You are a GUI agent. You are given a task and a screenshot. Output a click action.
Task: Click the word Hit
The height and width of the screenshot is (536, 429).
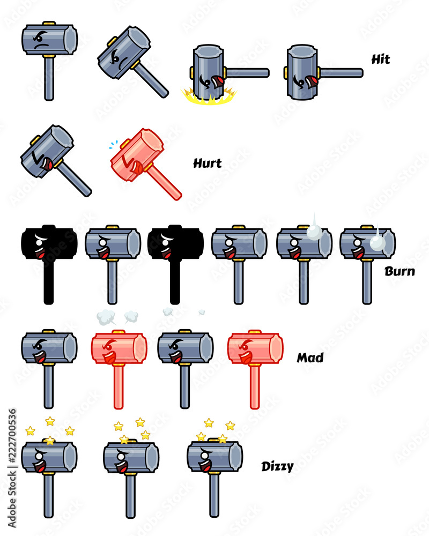coord(381,59)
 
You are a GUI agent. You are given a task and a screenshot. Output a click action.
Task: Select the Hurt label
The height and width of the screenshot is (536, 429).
coord(207,163)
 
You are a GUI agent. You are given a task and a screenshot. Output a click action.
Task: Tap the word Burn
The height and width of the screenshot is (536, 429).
coord(399,271)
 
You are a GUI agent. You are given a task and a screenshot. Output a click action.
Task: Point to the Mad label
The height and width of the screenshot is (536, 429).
coord(310,358)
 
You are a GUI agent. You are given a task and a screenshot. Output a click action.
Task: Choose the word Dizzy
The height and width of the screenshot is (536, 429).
coord(277,466)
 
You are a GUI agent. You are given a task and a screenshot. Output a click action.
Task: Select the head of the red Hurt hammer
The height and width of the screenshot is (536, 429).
coord(137,155)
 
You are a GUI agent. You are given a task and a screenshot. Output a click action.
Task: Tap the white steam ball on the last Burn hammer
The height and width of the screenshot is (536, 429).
coord(378,243)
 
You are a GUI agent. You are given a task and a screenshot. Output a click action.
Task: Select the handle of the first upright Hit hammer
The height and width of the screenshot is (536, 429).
coord(49,79)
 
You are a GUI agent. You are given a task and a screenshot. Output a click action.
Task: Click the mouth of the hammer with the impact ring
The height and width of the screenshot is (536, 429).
coord(218,82)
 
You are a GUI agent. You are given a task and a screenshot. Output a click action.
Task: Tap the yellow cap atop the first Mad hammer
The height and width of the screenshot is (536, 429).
coord(49,331)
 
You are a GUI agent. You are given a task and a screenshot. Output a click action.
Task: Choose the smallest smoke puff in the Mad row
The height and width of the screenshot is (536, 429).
coord(202,311)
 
